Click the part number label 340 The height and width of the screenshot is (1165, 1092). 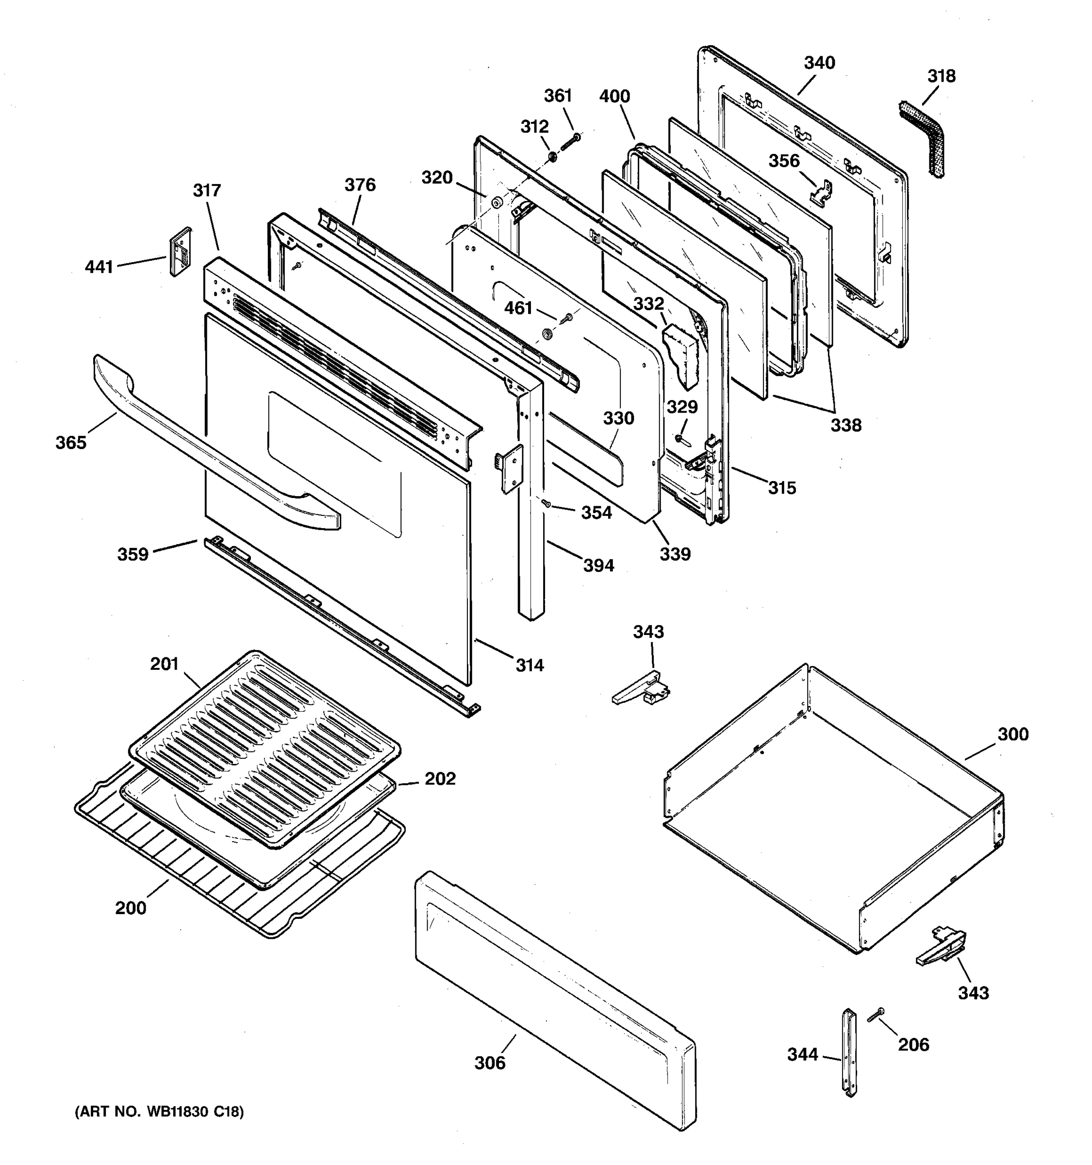coord(819,63)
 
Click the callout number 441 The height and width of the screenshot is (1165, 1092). coord(99,267)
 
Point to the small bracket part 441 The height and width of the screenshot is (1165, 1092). coord(181,251)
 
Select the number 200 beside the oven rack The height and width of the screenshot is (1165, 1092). coord(130,908)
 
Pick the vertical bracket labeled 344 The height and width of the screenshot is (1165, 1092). coord(849,1051)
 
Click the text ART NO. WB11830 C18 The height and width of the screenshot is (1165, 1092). coord(159,1112)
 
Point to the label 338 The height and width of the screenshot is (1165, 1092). coord(845,425)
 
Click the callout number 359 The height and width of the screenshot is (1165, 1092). coord(133,554)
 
